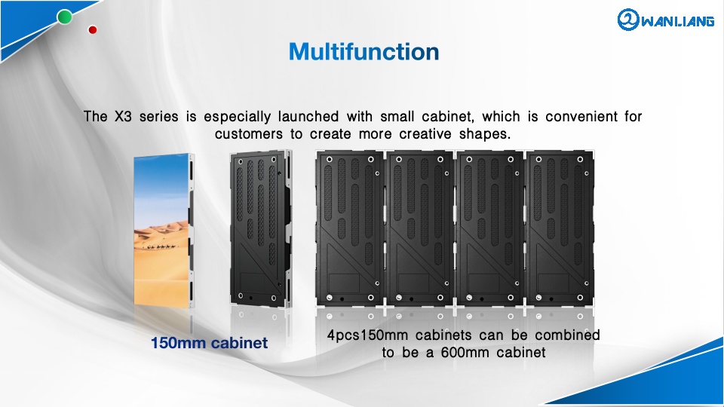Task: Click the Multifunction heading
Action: coord(364,52)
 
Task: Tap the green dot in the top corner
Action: coord(65,17)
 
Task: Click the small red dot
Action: coord(92,30)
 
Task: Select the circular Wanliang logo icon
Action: coord(628,20)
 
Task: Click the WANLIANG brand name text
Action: coord(678,21)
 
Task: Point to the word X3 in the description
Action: coord(123,116)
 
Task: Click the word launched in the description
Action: coord(308,116)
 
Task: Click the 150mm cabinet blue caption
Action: coord(209,343)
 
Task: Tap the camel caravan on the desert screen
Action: coord(160,247)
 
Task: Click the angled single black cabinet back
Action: coord(261,229)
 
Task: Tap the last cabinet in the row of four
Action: coord(560,228)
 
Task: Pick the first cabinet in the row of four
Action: coord(349,228)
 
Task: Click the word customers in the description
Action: coord(248,134)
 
